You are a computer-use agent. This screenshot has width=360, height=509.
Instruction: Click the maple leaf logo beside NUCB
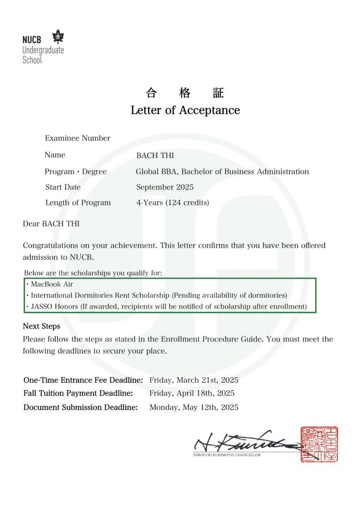click(x=59, y=37)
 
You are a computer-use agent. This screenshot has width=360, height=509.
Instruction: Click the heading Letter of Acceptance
click(x=185, y=110)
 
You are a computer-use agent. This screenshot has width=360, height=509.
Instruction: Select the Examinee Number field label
click(x=78, y=138)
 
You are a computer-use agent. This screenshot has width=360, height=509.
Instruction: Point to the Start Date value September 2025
click(x=165, y=187)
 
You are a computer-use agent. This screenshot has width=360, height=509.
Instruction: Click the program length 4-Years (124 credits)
click(x=173, y=203)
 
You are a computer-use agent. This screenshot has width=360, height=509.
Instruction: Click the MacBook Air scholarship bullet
click(x=49, y=284)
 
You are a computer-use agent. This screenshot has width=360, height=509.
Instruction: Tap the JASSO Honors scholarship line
click(x=166, y=306)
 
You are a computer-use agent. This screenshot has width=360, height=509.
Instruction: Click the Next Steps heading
click(x=41, y=327)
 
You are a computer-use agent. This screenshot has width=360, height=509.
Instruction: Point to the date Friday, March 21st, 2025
click(x=194, y=380)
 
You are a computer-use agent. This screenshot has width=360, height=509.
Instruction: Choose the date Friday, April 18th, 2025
click(x=192, y=393)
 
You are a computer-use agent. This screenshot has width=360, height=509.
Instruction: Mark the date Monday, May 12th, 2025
click(x=194, y=408)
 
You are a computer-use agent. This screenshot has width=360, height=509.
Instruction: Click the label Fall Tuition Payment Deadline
click(x=78, y=393)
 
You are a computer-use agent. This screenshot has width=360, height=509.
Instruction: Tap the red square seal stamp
click(x=319, y=444)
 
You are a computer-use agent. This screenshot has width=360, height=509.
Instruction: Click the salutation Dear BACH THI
click(x=51, y=224)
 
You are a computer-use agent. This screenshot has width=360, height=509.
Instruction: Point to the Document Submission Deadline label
click(x=81, y=408)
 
